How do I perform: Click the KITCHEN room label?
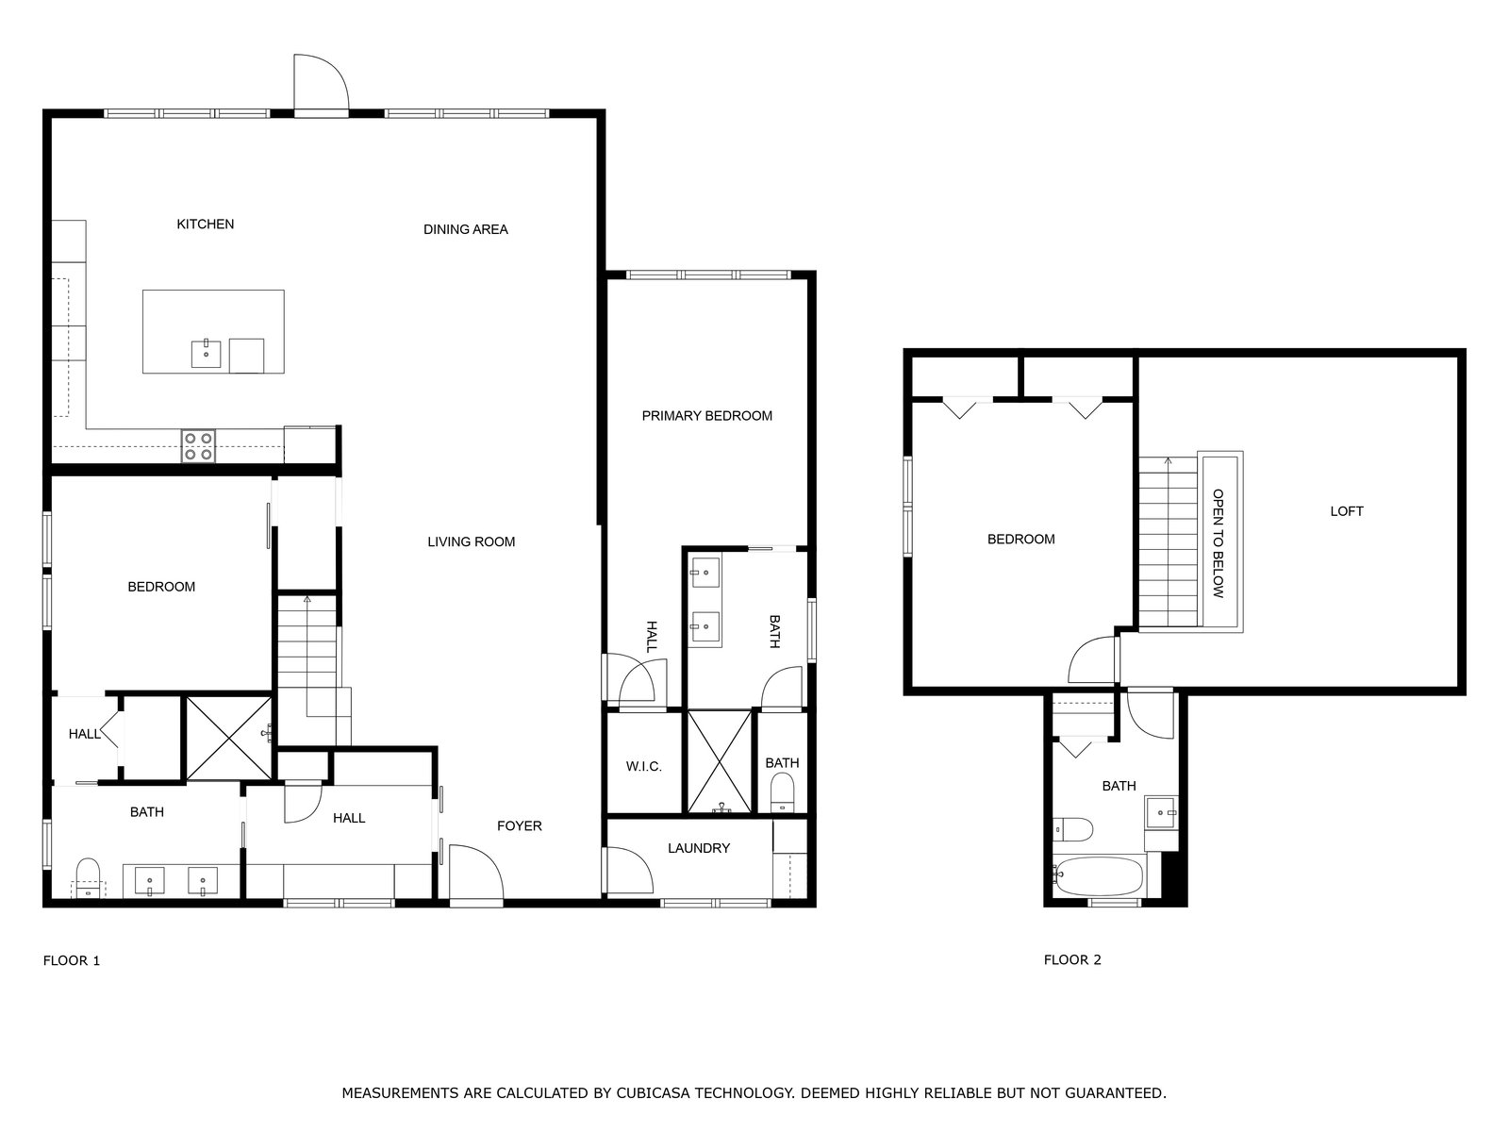(x=205, y=225)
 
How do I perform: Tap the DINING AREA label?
(x=465, y=229)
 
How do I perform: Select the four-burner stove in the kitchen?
(x=199, y=445)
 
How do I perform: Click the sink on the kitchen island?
(x=207, y=353)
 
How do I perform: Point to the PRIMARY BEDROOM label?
(x=706, y=416)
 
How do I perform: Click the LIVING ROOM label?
(x=471, y=541)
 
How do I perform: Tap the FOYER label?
(x=519, y=826)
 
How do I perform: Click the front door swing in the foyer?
(x=475, y=872)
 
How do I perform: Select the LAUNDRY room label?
(x=699, y=848)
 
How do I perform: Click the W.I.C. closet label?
(x=643, y=766)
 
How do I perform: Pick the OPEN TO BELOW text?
(x=1219, y=543)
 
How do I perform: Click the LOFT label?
(x=1346, y=511)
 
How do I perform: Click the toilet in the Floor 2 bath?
(x=1072, y=829)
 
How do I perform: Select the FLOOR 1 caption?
(x=72, y=960)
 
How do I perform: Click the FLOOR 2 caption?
(x=1071, y=959)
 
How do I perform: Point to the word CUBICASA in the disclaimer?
(x=653, y=1092)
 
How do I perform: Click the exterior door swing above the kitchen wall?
(x=321, y=82)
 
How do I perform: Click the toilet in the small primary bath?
(x=782, y=792)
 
